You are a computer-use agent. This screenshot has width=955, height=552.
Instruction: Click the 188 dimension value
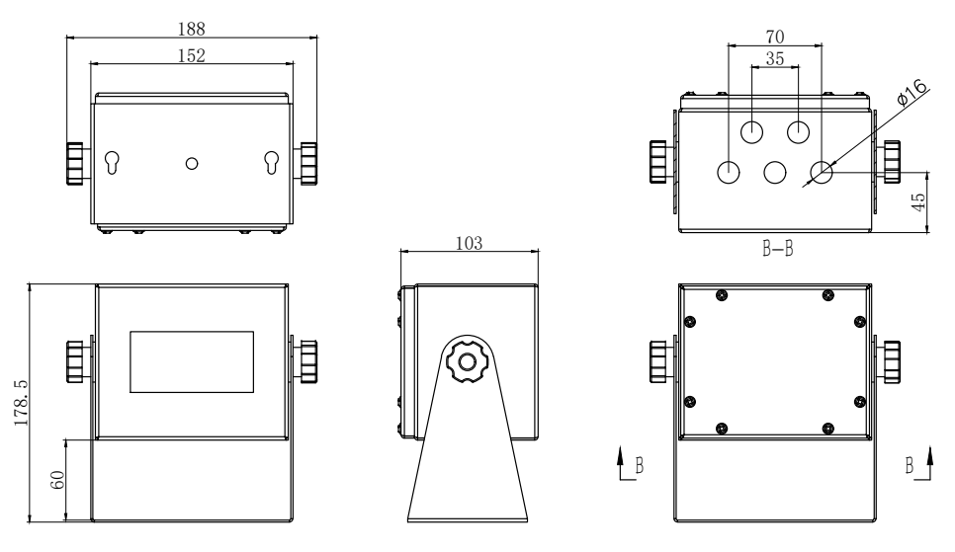click(x=192, y=29)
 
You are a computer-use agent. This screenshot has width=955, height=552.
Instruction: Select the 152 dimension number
click(x=192, y=54)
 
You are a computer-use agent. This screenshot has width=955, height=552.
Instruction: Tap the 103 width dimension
click(x=470, y=242)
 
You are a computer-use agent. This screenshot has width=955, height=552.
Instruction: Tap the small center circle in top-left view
click(x=193, y=163)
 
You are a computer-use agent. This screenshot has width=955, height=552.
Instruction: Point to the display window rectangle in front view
click(x=192, y=363)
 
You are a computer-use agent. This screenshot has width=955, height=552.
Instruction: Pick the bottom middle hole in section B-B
click(x=775, y=172)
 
